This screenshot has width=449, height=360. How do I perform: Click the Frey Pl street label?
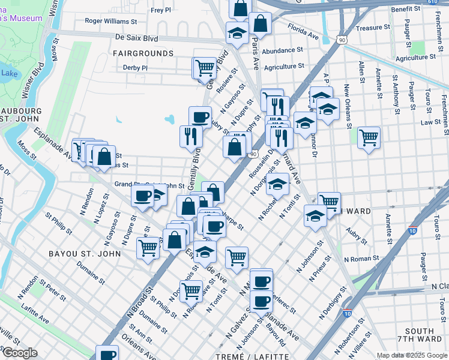[x=161, y=10]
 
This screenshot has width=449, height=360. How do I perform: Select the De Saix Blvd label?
[x=136, y=38]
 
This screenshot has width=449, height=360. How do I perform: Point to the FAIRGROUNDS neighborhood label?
[x=143, y=53]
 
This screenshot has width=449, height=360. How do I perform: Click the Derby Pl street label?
[x=135, y=68]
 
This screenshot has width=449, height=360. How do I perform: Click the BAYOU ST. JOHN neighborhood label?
[x=84, y=254]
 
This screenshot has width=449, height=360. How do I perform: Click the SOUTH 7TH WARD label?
[x=420, y=336]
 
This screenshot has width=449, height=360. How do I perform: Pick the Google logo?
[x=19, y=353]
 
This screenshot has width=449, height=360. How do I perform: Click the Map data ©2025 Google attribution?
[x=412, y=355]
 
